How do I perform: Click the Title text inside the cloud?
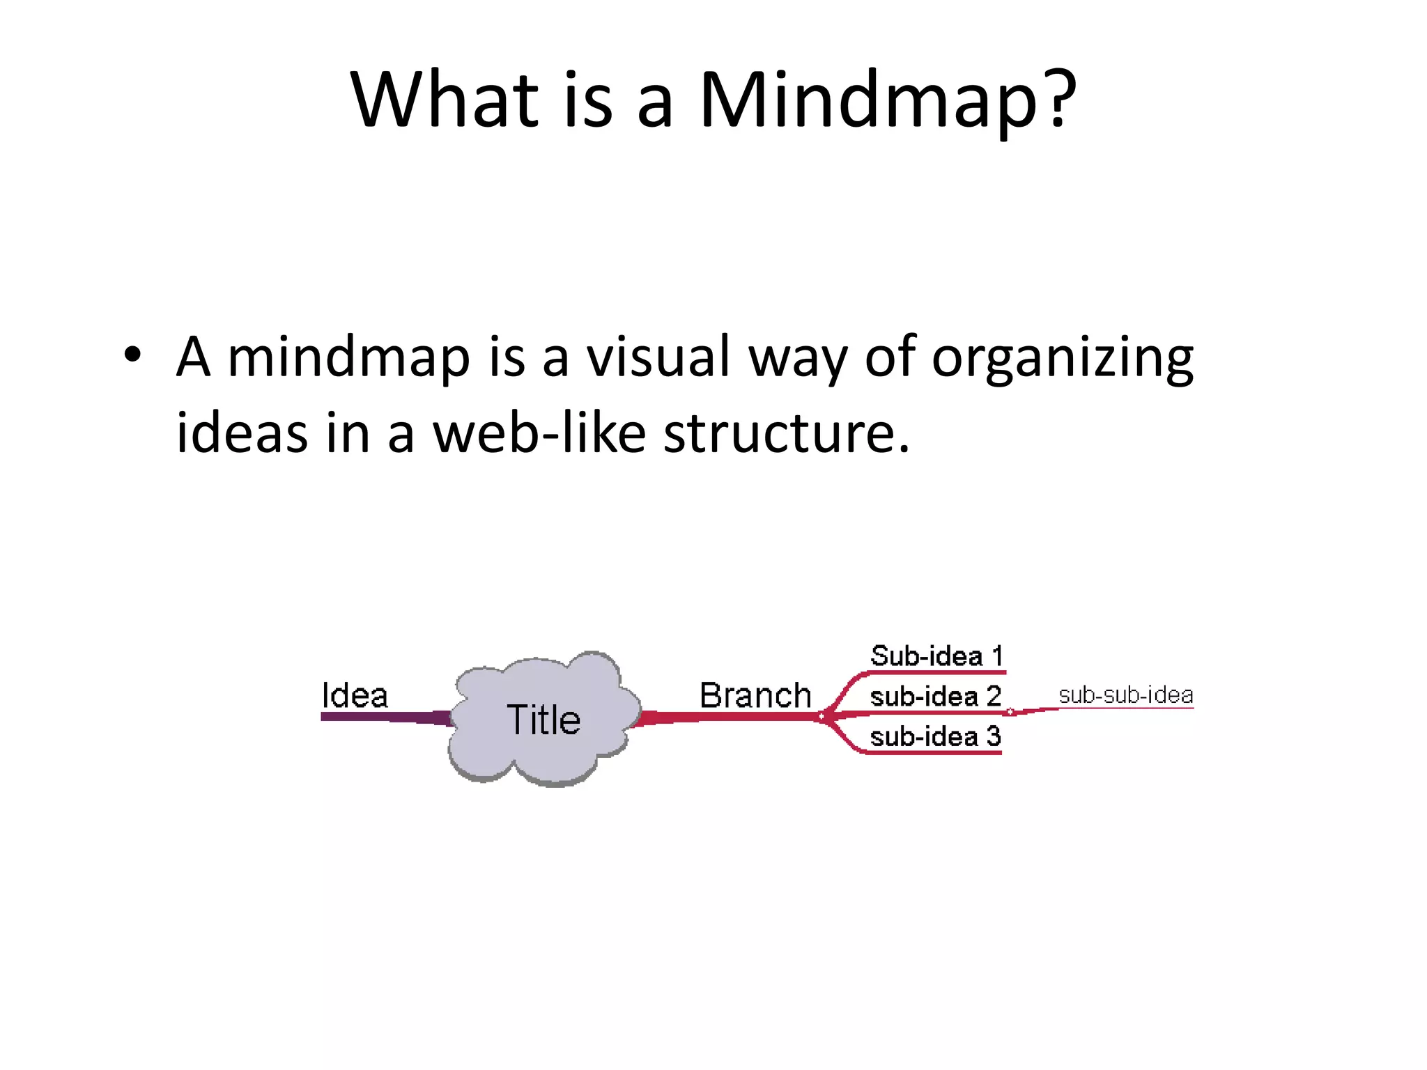543,720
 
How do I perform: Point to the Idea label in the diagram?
354,695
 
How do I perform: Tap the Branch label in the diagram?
755,695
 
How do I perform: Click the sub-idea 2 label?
935,697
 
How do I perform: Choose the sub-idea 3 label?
935,736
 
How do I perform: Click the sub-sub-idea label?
1125,695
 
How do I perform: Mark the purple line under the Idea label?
376,716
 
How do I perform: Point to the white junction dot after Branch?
822,715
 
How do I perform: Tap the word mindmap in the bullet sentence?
348,358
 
